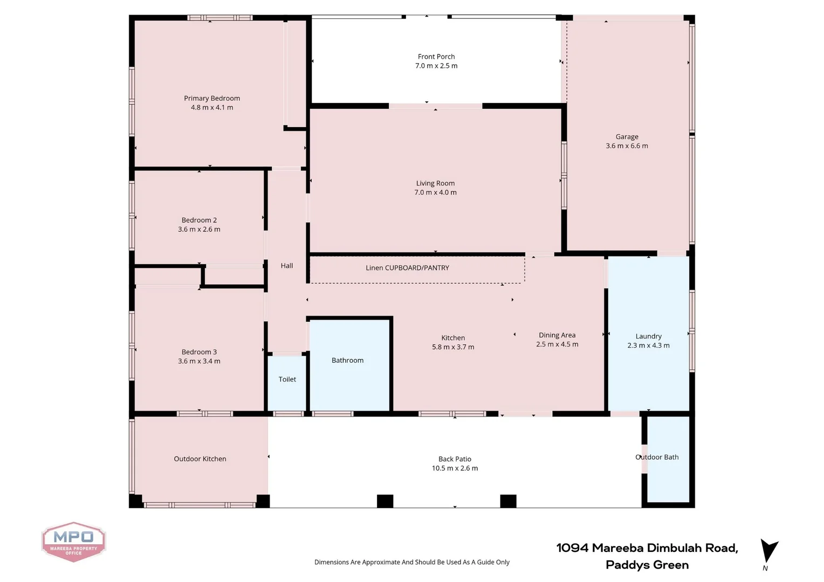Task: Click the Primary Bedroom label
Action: [212, 98]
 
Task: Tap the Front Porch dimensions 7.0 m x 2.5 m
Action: [436, 66]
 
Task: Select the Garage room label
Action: [627, 137]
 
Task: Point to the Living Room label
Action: [435, 183]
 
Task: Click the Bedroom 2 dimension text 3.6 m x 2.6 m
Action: [199, 230]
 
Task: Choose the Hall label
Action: [287, 266]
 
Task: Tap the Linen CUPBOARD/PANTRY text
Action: [407, 268]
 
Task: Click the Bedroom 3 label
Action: [199, 352]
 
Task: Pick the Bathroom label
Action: [347, 361]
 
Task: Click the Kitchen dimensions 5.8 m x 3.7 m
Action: [453, 347]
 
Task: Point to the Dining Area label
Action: [557, 335]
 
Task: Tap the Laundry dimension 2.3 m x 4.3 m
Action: [648, 345]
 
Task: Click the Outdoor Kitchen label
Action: [200, 459]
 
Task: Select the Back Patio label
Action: [455, 459]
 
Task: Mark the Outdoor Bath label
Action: [657, 457]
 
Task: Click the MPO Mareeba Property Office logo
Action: [73, 541]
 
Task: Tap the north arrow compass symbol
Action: [768, 553]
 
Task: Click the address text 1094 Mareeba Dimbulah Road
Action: [647, 548]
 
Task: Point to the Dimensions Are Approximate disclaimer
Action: [412, 562]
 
